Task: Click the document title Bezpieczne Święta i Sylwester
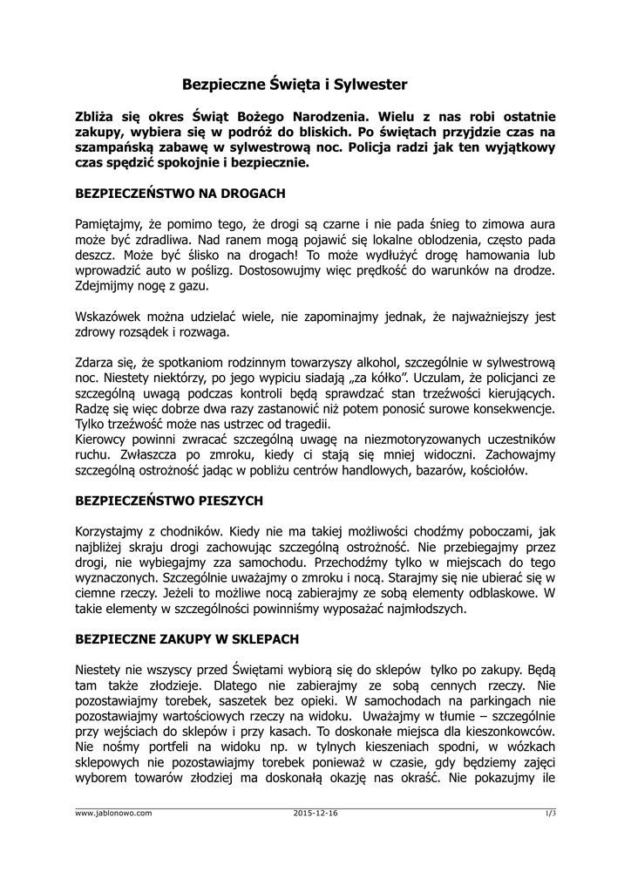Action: click(295, 85)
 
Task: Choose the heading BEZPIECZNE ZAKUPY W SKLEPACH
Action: click(187, 639)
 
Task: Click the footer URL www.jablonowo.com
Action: click(114, 813)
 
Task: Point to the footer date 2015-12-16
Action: click(316, 813)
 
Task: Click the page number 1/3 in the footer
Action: click(550, 813)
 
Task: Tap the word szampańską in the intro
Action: click(113, 147)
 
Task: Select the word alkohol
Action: click(349, 362)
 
